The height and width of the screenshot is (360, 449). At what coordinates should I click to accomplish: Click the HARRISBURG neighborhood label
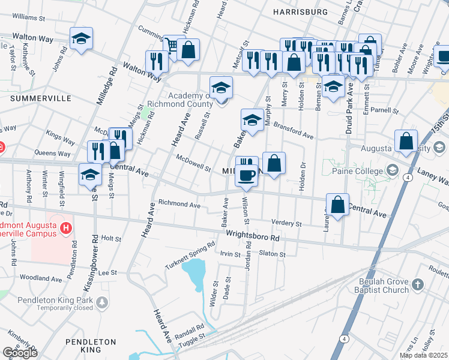(300, 11)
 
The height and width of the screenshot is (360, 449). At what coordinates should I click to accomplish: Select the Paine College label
(357, 172)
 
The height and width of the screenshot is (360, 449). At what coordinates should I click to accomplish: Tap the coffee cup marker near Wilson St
(247, 175)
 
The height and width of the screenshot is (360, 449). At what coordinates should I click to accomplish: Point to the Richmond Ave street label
(179, 205)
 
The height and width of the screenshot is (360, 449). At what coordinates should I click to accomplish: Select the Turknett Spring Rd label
(190, 256)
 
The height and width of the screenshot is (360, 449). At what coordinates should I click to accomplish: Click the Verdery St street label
(286, 223)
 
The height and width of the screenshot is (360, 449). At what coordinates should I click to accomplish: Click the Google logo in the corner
(20, 352)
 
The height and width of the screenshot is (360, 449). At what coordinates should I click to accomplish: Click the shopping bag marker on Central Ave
(338, 205)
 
